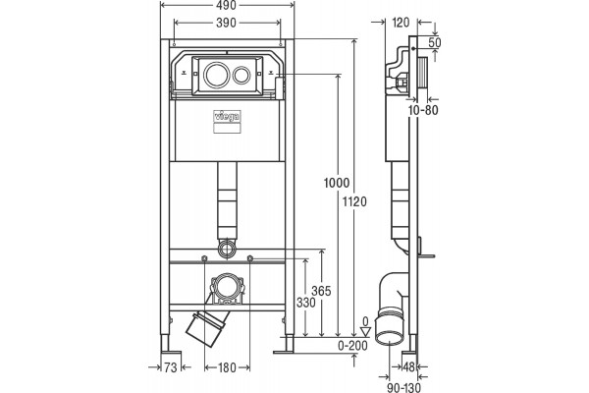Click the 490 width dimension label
[x=226, y=6]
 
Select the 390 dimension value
[x=226, y=23]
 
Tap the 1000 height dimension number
[x=337, y=183]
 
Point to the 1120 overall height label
[x=354, y=202]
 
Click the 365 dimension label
[x=321, y=291]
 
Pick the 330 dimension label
[x=306, y=303]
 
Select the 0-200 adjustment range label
[x=352, y=345]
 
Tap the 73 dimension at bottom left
[x=171, y=367]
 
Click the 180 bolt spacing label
[x=228, y=367]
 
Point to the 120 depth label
[x=401, y=23]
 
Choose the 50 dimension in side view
[x=435, y=42]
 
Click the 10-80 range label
[x=423, y=110]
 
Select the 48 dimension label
[x=408, y=366]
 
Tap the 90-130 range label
[x=403, y=387]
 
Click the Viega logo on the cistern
[x=228, y=117]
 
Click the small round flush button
[x=241, y=75]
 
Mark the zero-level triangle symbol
[x=365, y=332]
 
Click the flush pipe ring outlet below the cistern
[x=227, y=249]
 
